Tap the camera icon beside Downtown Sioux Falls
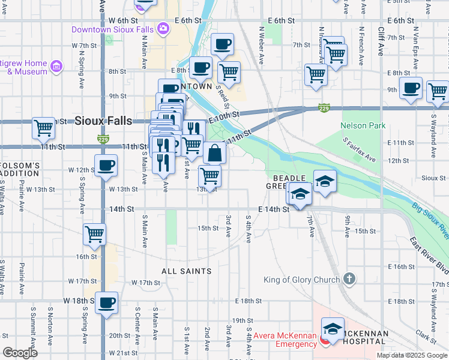163,29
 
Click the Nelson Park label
363,125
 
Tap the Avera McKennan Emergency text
285,340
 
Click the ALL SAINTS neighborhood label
187,271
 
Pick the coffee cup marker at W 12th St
107,165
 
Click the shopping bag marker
214,153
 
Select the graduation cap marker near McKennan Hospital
333,329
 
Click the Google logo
20,353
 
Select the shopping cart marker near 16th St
95,234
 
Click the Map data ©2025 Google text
411,355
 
